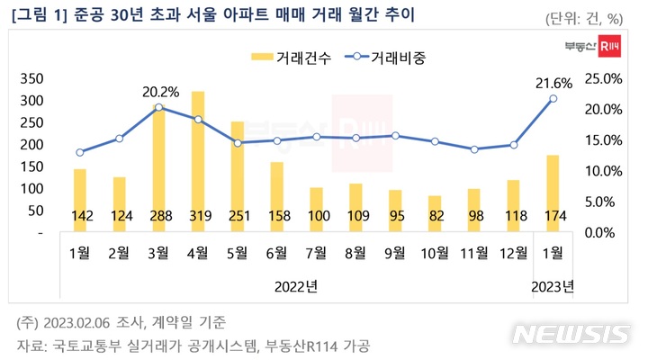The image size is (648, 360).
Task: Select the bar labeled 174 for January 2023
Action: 553,193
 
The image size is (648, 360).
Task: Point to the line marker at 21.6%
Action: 553,99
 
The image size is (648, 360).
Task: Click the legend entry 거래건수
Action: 284,56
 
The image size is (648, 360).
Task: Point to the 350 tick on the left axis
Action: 31,78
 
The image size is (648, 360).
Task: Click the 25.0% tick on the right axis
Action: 600,78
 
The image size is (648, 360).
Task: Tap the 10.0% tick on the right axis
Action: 600,171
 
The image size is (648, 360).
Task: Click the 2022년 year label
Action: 295,286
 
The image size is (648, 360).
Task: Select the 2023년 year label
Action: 553,286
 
